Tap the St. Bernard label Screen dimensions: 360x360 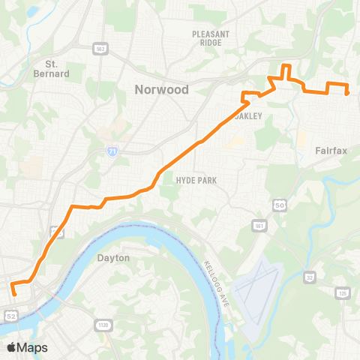57,69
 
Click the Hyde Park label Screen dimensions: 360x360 195,181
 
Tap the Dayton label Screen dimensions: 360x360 114,257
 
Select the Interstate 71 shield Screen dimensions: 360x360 112,151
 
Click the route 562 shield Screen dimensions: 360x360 100,49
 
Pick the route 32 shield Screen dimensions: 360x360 309,277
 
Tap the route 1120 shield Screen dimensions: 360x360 103,324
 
